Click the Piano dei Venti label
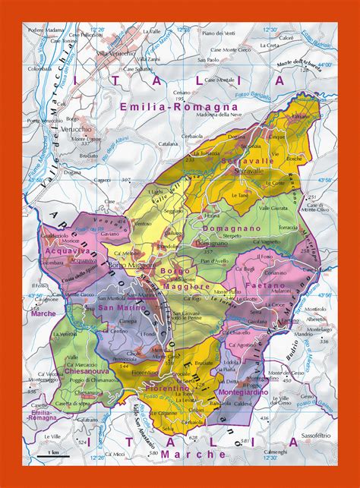pyautogui.click(x=220, y=33)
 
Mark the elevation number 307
pyautogui.click(x=126, y=179)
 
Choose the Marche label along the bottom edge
pyautogui.click(x=204, y=454)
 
